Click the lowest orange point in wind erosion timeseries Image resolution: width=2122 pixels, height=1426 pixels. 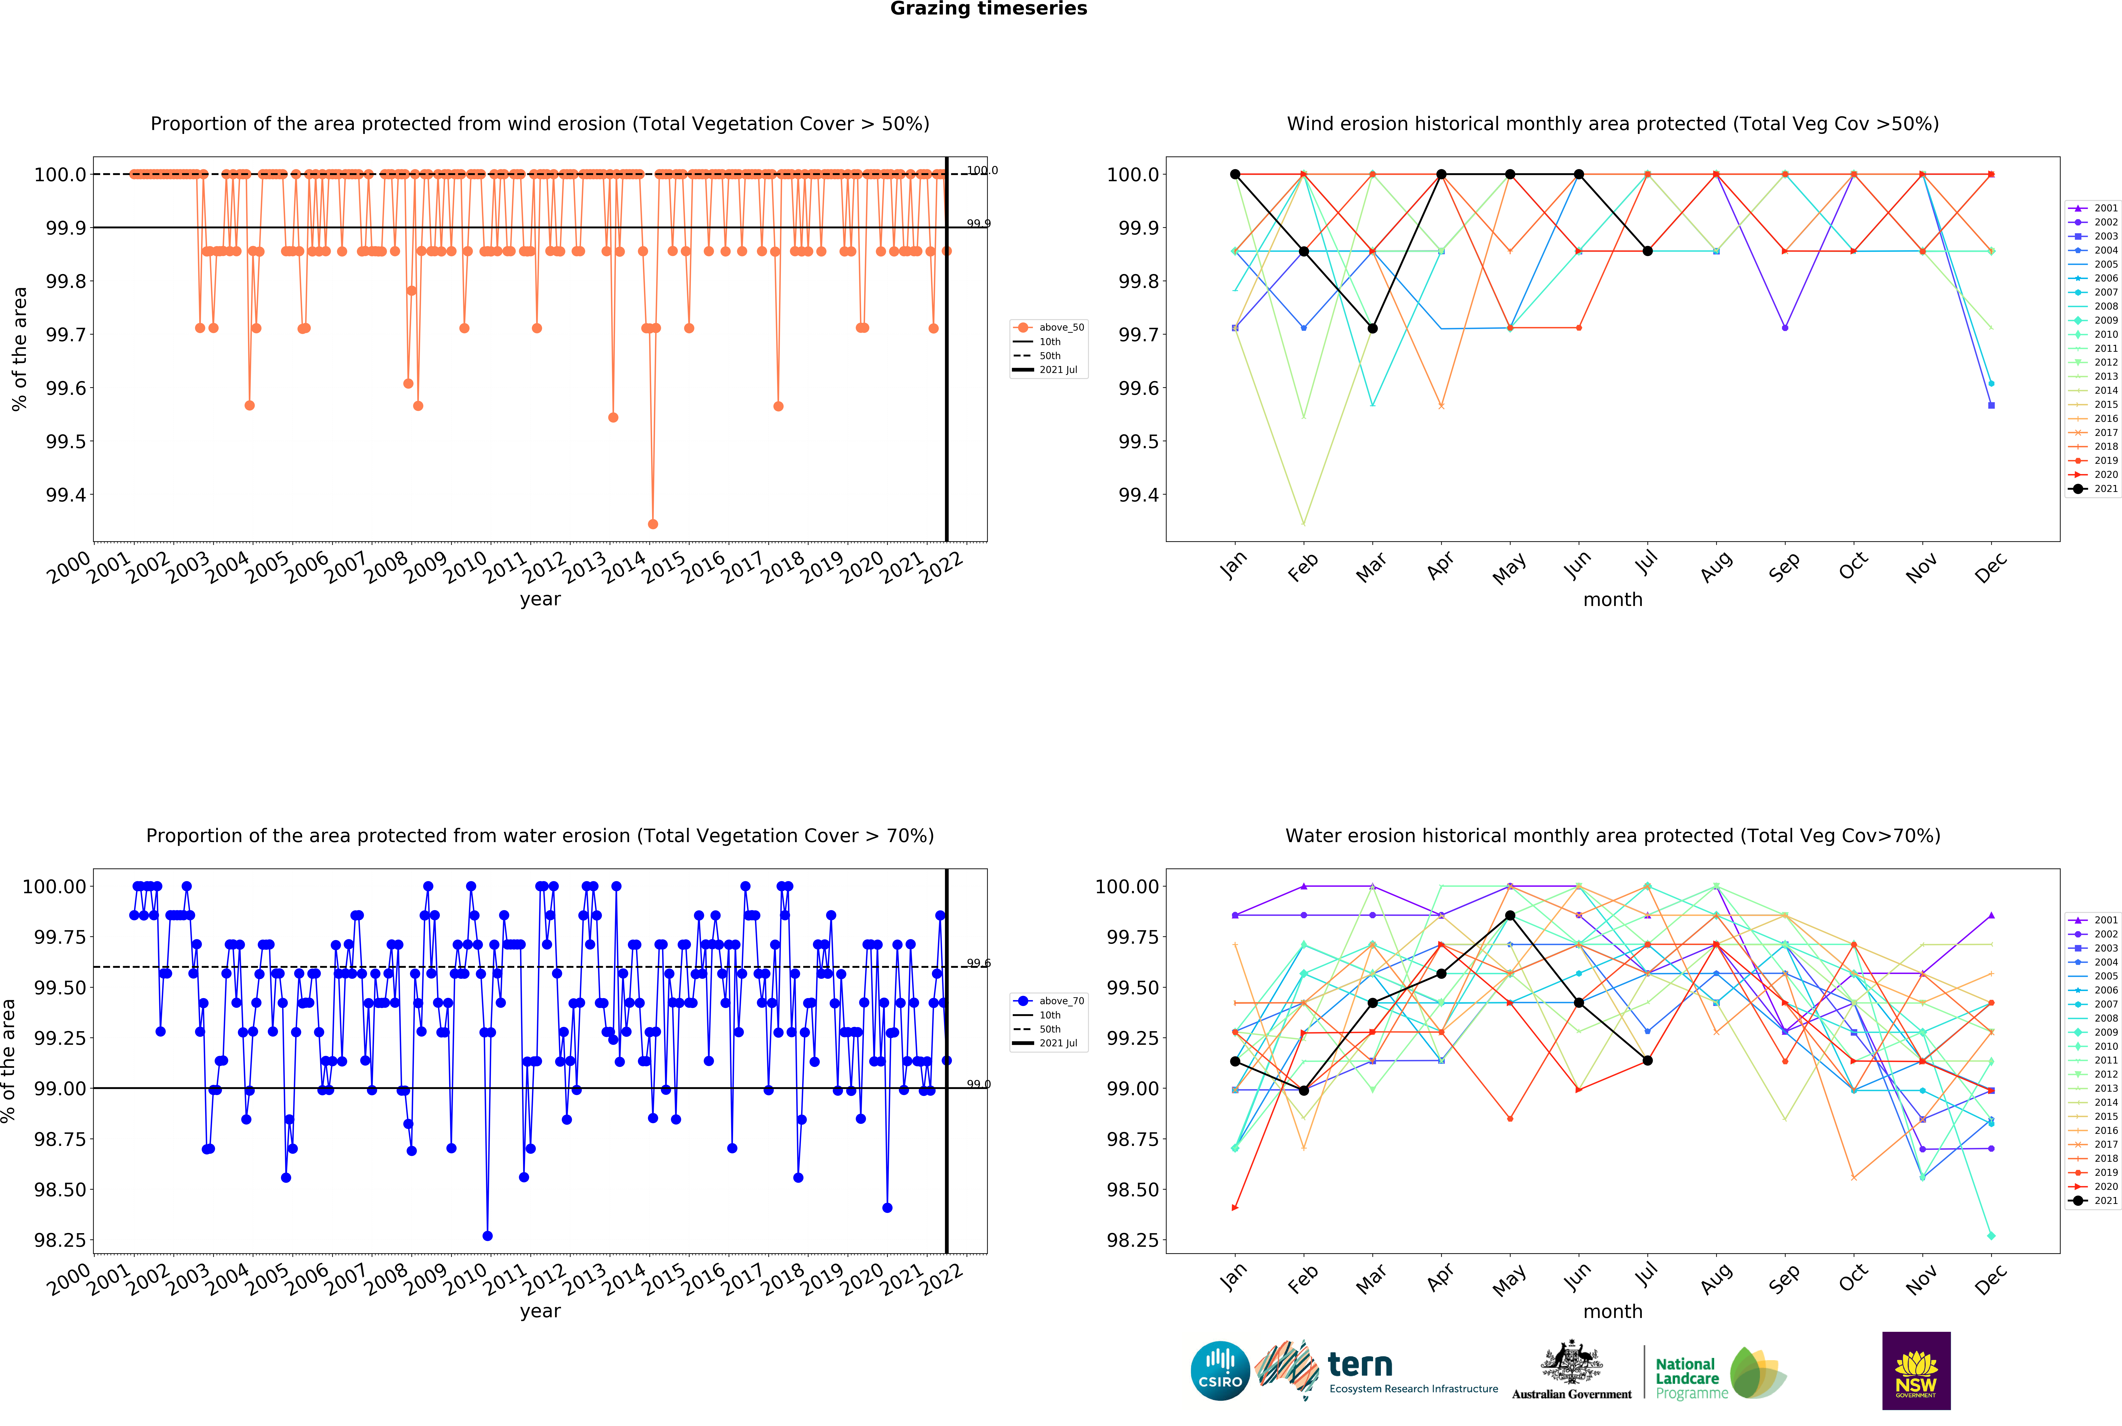[x=652, y=524]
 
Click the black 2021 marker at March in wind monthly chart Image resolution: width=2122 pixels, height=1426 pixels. [x=1373, y=328]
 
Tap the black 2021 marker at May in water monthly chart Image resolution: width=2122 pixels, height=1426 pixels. [x=1510, y=916]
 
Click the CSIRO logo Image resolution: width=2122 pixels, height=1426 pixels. [x=1220, y=1370]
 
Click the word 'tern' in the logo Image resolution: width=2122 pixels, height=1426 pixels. [x=1360, y=1364]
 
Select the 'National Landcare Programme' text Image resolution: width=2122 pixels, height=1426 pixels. [x=1690, y=1378]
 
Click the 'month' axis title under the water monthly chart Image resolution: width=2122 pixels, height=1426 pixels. [x=1613, y=1312]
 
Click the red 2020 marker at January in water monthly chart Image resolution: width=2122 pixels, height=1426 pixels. [x=1234, y=1208]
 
